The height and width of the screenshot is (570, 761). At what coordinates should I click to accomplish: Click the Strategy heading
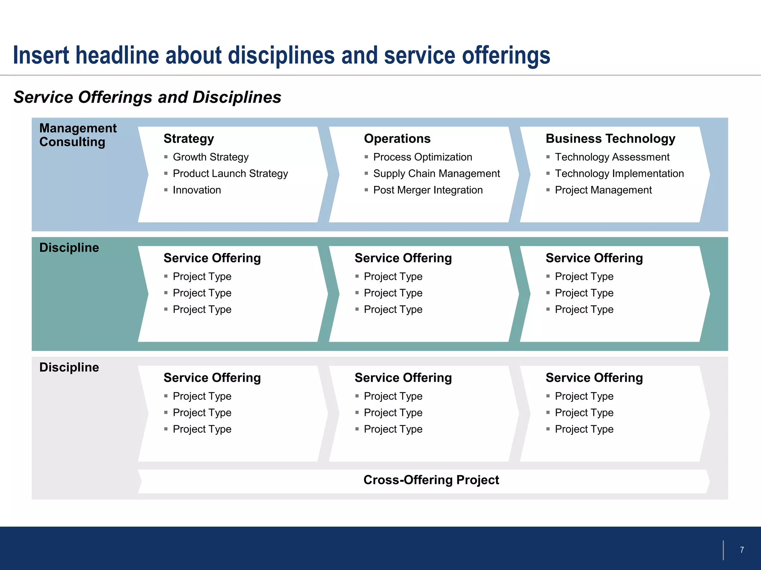[x=189, y=138]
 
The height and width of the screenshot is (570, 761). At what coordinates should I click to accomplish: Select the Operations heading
[x=397, y=138]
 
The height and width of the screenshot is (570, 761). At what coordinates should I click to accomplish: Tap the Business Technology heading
[x=610, y=138]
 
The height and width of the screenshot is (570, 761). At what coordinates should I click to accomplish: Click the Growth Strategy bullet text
[x=210, y=157]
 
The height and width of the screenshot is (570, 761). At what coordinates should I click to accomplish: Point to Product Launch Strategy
[x=230, y=173]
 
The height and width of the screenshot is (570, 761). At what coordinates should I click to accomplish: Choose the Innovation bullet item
[x=197, y=190]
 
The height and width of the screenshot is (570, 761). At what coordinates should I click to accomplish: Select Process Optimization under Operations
[x=422, y=157]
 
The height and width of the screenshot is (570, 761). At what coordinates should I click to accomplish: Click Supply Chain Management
[x=436, y=173]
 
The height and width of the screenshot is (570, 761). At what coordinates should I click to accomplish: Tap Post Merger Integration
[x=428, y=190]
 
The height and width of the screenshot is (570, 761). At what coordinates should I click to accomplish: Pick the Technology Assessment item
[x=612, y=157]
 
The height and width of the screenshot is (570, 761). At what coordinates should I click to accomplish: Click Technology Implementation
[x=619, y=173]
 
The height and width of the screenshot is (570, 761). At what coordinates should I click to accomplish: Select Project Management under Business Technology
[x=603, y=190]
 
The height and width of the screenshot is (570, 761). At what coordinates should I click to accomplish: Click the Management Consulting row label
[x=78, y=135]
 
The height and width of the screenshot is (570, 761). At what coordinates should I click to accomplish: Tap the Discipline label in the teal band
[x=69, y=248]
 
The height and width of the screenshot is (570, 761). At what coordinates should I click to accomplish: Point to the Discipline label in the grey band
[x=69, y=367]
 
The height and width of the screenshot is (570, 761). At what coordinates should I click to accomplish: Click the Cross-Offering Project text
[x=431, y=480]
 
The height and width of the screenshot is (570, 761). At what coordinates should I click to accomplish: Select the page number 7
[x=742, y=550]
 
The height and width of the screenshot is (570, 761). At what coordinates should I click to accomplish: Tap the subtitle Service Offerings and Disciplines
[x=147, y=97]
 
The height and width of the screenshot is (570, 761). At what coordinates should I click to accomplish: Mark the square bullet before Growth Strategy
[x=166, y=157]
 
